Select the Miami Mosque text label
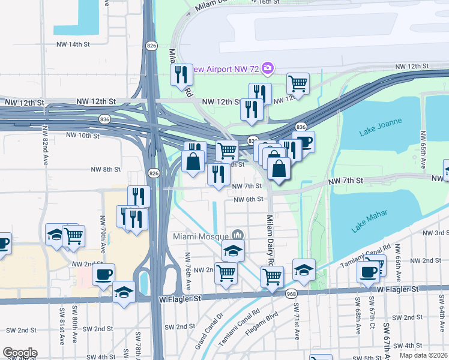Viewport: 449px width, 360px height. coord(200,235)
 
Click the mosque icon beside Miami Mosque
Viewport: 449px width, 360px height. coord(238,235)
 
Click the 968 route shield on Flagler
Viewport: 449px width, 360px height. coord(291,293)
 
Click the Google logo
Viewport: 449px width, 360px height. coord(20,353)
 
